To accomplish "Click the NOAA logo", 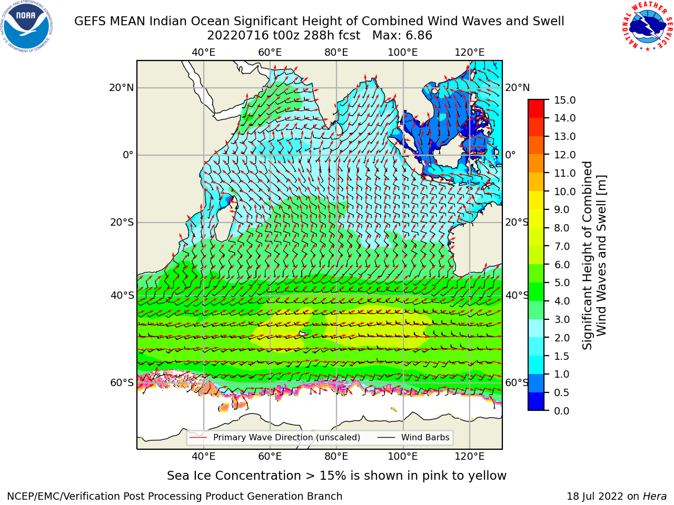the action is [27, 27].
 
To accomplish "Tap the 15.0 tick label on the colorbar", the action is [564, 100].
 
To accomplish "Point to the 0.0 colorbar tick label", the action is [562, 411].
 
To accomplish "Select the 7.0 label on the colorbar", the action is [562, 246].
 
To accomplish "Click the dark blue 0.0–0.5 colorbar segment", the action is [536, 401].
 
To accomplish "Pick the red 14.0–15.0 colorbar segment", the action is [536, 108].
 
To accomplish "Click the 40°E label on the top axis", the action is [204, 53].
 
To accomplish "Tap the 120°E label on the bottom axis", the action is [470, 456].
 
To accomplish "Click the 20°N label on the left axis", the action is [122, 88].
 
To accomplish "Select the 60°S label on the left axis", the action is [122, 382].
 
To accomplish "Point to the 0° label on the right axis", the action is [510, 155].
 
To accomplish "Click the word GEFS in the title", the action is [91, 21].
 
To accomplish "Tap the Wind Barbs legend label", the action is [425, 437].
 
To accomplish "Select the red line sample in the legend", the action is [199, 438].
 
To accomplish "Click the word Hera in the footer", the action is [655, 497].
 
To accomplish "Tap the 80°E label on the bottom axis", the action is [336, 456].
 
